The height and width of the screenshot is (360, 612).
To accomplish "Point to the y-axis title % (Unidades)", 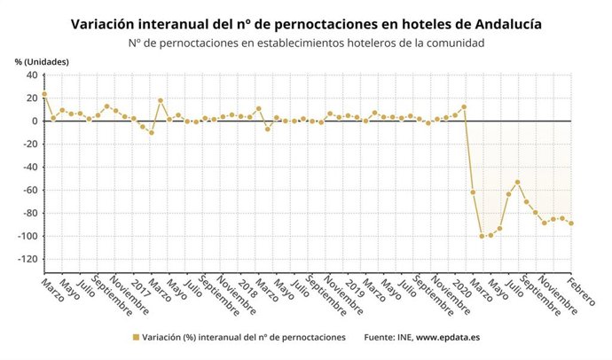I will pos(41,61).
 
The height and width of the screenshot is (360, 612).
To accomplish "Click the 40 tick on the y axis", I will pos(31,74).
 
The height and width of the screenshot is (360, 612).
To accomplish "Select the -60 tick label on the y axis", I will pos(28,190).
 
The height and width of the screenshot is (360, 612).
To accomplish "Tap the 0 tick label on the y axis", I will pos(34,121).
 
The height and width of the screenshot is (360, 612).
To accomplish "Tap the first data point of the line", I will pos(44,94).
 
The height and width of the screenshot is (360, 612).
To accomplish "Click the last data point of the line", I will pos(571,223).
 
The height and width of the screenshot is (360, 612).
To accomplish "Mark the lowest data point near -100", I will pos(482,236).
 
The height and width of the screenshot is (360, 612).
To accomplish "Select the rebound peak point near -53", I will pos(517,183).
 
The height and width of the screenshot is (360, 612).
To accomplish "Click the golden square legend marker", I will pos(136,338).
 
